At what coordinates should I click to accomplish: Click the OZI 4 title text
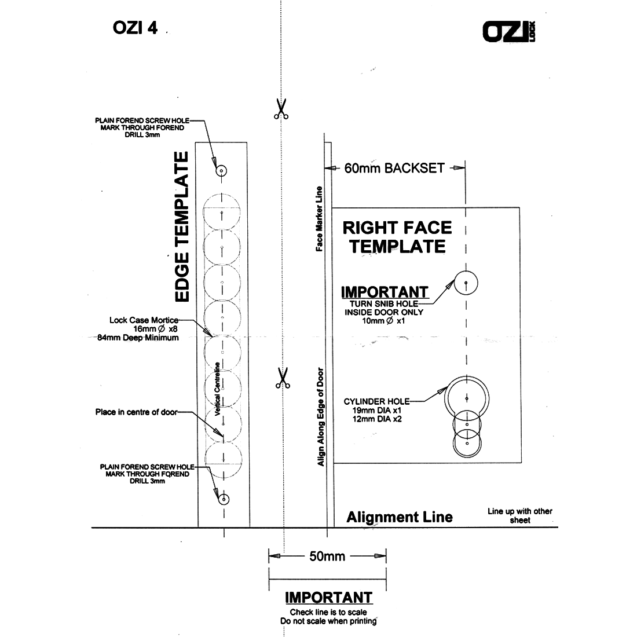click(x=133, y=29)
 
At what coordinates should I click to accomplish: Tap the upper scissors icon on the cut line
click(x=281, y=109)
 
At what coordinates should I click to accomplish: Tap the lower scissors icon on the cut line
click(x=282, y=378)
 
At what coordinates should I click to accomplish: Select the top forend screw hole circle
click(x=222, y=171)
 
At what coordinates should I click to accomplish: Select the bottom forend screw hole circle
click(x=224, y=499)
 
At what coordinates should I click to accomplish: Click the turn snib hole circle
click(x=466, y=283)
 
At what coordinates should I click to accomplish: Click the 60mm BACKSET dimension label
click(x=394, y=168)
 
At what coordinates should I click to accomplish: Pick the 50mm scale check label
click(x=327, y=557)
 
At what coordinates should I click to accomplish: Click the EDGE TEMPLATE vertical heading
click(x=182, y=227)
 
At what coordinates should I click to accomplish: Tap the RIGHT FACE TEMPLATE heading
click(x=397, y=236)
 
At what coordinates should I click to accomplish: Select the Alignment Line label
click(x=400, y=517)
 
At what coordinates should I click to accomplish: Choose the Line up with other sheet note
click(x=519, y=515)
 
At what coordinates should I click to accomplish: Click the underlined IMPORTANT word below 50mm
click(x=328, y=598)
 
